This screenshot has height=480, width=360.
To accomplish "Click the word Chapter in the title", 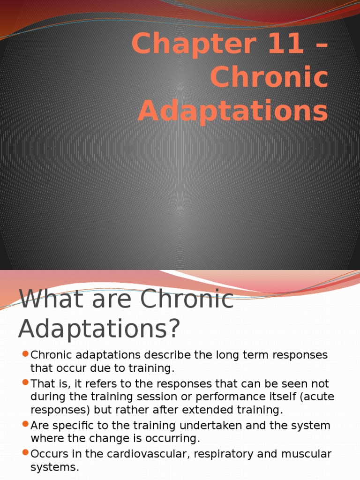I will pos(183,45).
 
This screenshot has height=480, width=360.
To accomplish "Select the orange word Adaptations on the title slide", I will pos(233,112).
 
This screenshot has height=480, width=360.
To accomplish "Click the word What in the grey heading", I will pos(51,300).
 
